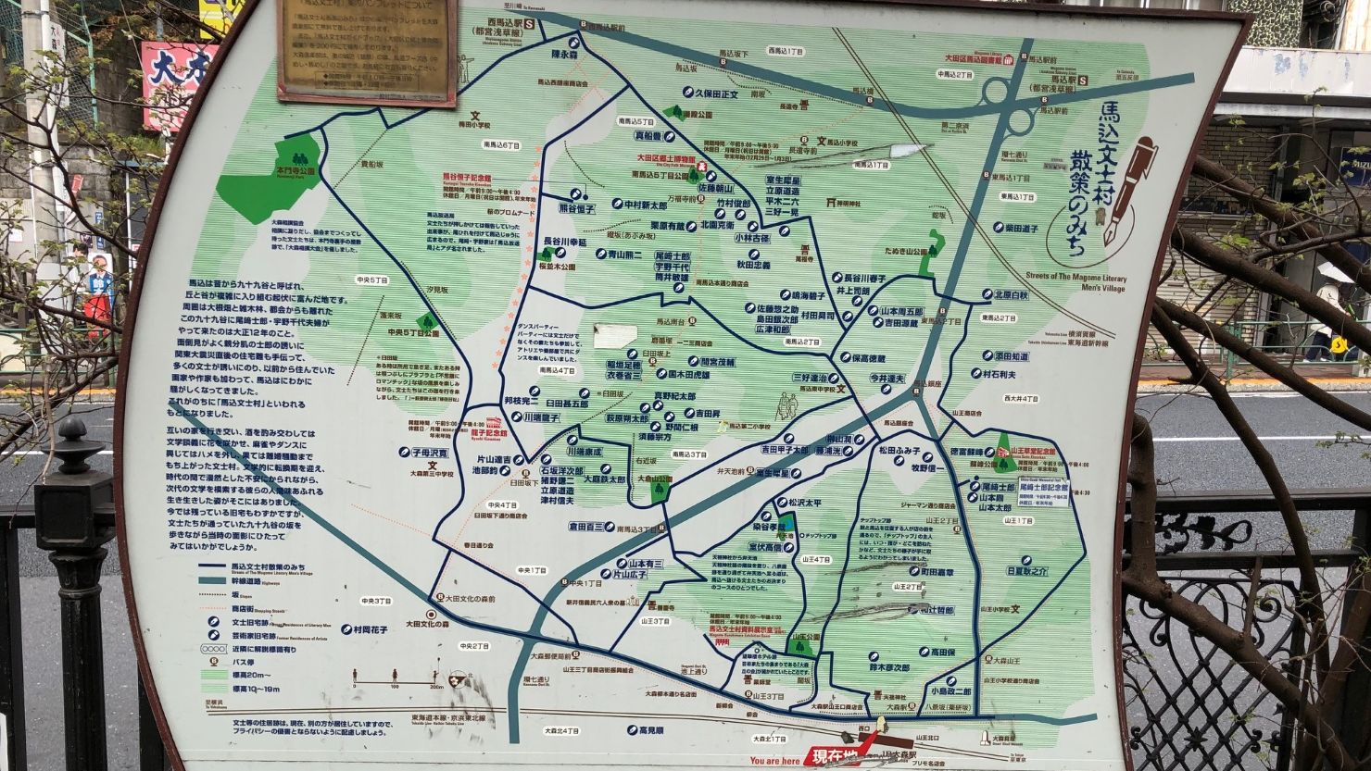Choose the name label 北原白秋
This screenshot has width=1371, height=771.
click(1011, 295)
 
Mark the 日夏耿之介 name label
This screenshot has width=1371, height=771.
click(1025, 571)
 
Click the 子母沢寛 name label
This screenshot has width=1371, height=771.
click(423, 454)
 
